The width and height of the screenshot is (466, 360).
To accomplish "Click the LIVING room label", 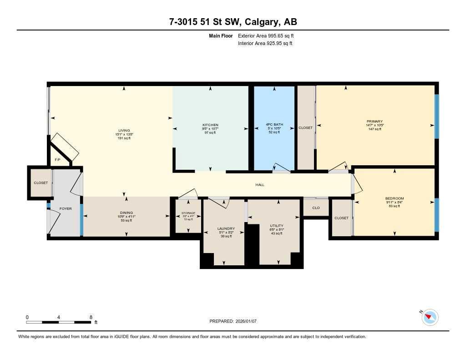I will (x=124, y=131).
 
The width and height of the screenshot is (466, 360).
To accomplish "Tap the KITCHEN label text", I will (x=210, y=125).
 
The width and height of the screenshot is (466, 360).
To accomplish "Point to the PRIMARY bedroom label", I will (x=375, y=122).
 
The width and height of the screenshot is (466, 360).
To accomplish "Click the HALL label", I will (x=259, y=185).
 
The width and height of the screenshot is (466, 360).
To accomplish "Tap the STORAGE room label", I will (x=188, y=213).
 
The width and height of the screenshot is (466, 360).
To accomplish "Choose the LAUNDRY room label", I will (x=226, y=228).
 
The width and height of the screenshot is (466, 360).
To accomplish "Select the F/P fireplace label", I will (x=57, y=160).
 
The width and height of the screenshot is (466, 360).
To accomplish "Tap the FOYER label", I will (x=66, y=208).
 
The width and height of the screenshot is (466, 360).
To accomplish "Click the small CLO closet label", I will (x=316, y=208).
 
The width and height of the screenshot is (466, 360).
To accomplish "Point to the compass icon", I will (x=430, y=317).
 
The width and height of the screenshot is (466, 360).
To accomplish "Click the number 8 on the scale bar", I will (x=91, y=317).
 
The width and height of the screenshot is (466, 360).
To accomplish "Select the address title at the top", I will (x=233, y=22).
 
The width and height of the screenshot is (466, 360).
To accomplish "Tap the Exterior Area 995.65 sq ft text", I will (x=269, y=35).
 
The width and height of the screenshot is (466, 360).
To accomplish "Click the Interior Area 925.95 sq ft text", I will (x=265, y=43).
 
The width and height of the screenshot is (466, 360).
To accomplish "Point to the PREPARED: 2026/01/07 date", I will (x=233, y=321).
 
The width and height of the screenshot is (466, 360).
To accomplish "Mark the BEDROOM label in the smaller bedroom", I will (x=394, y=198).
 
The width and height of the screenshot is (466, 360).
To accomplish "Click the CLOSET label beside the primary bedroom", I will (x=305, y=128).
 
